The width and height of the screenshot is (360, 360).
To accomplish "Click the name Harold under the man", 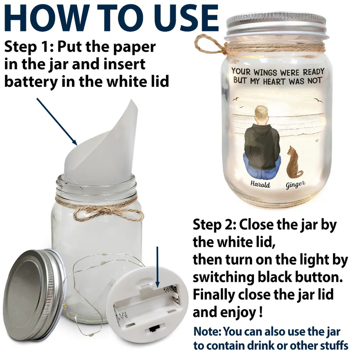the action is click(x=261, y=184).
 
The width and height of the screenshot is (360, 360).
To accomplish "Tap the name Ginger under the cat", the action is click(x=296, y=184).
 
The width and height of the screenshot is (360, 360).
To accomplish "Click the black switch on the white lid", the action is click(x=153, y=329).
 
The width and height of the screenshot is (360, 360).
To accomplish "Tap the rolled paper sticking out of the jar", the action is click(x=101, y=144).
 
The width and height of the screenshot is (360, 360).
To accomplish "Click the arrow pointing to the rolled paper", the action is click(x=57, y=121).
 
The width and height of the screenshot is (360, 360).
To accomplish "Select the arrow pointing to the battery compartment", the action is click(x=157, y=267).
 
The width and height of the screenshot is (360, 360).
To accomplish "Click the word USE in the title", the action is click(x=186, y=18).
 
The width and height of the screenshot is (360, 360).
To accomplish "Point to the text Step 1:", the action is click(x=29, y=47).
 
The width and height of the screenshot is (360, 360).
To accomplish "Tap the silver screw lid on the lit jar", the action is click(x=276, y=26).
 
